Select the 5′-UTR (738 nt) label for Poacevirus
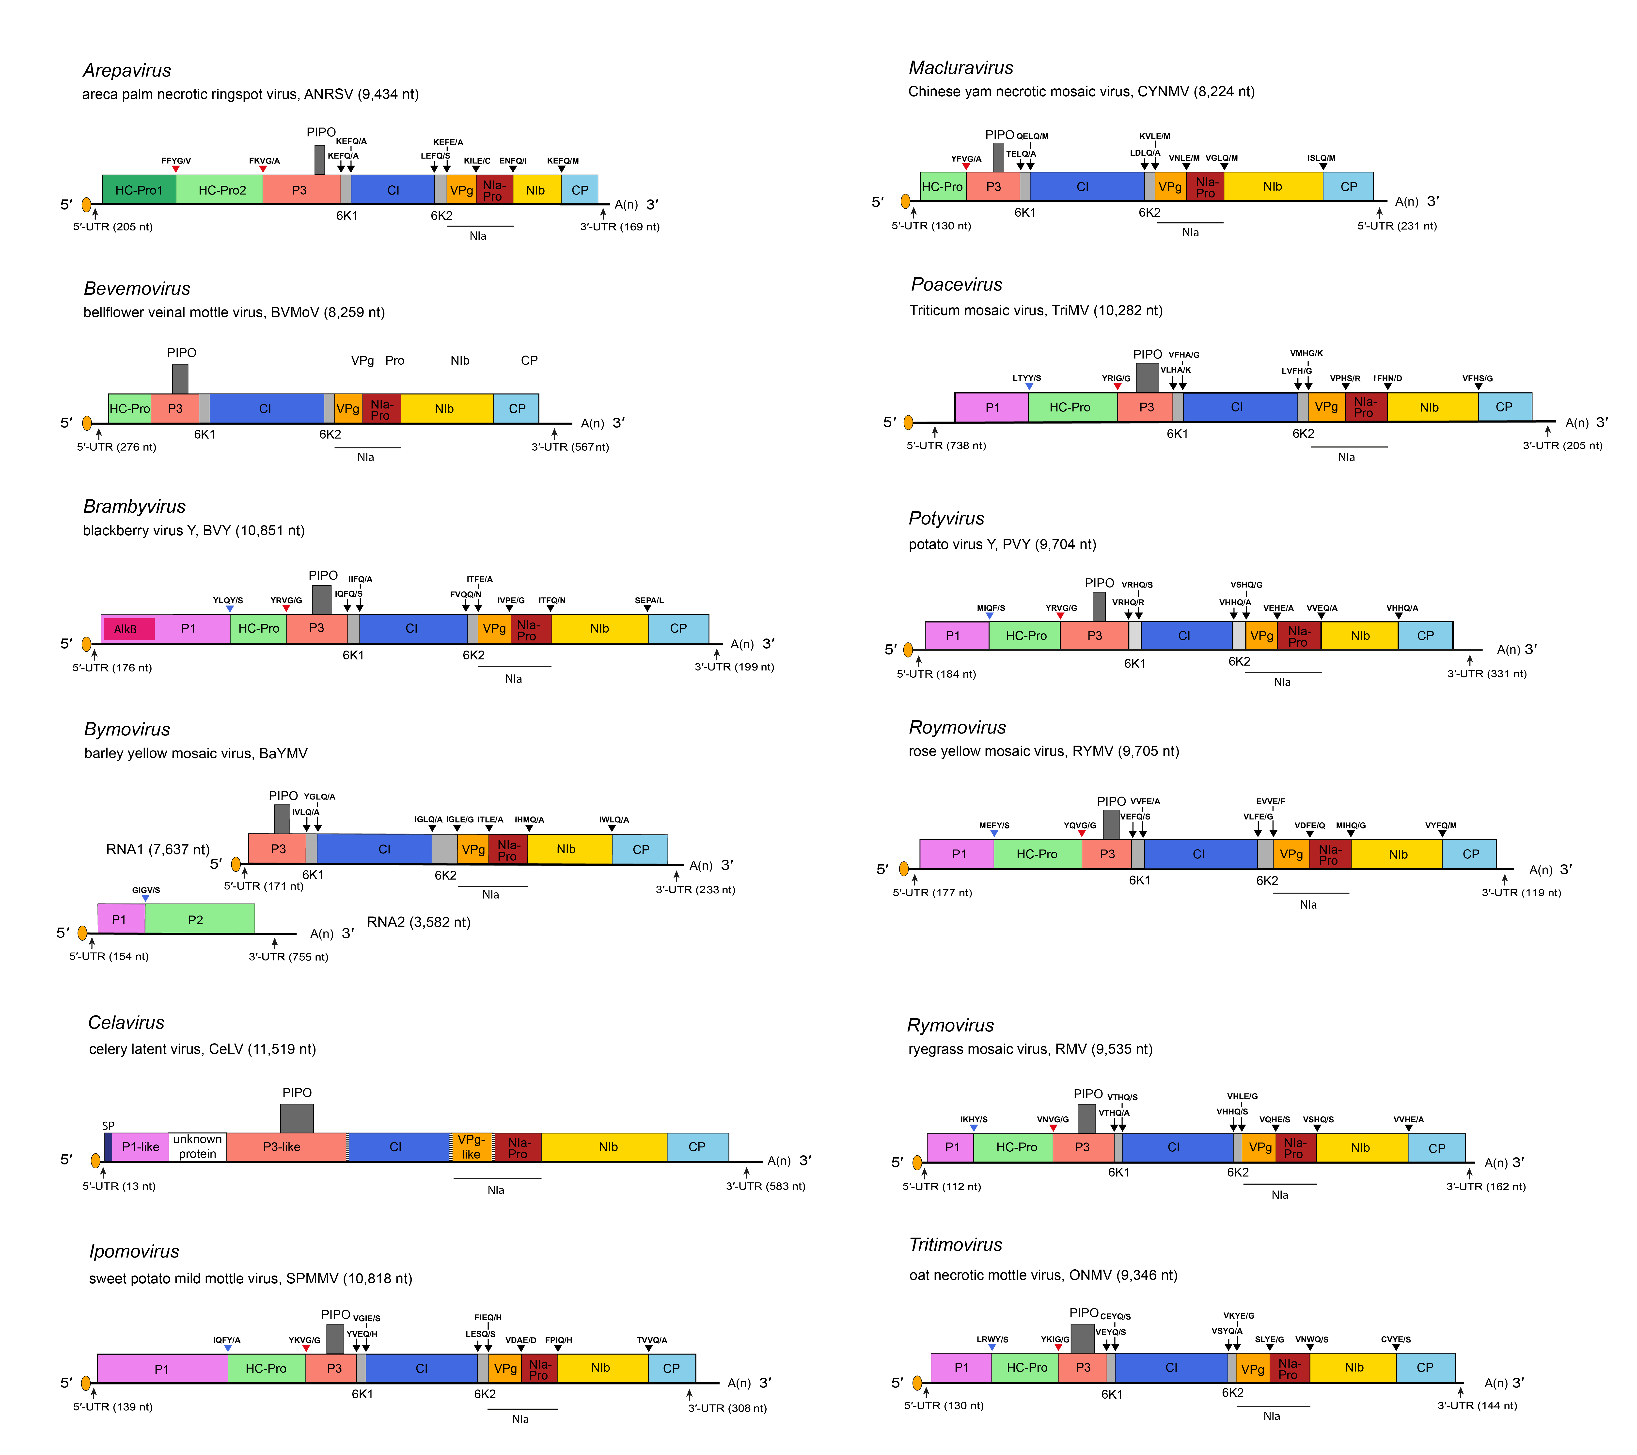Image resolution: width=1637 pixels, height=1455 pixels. tap(946, 445)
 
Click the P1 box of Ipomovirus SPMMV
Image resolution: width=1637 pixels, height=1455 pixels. tap(162, 1369)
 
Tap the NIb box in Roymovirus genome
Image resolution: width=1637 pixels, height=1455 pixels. tap(1398, 854)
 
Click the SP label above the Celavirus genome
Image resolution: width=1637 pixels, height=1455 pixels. tap(108, 1126)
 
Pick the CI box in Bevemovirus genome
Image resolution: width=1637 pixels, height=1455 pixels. tap(265, 409)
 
